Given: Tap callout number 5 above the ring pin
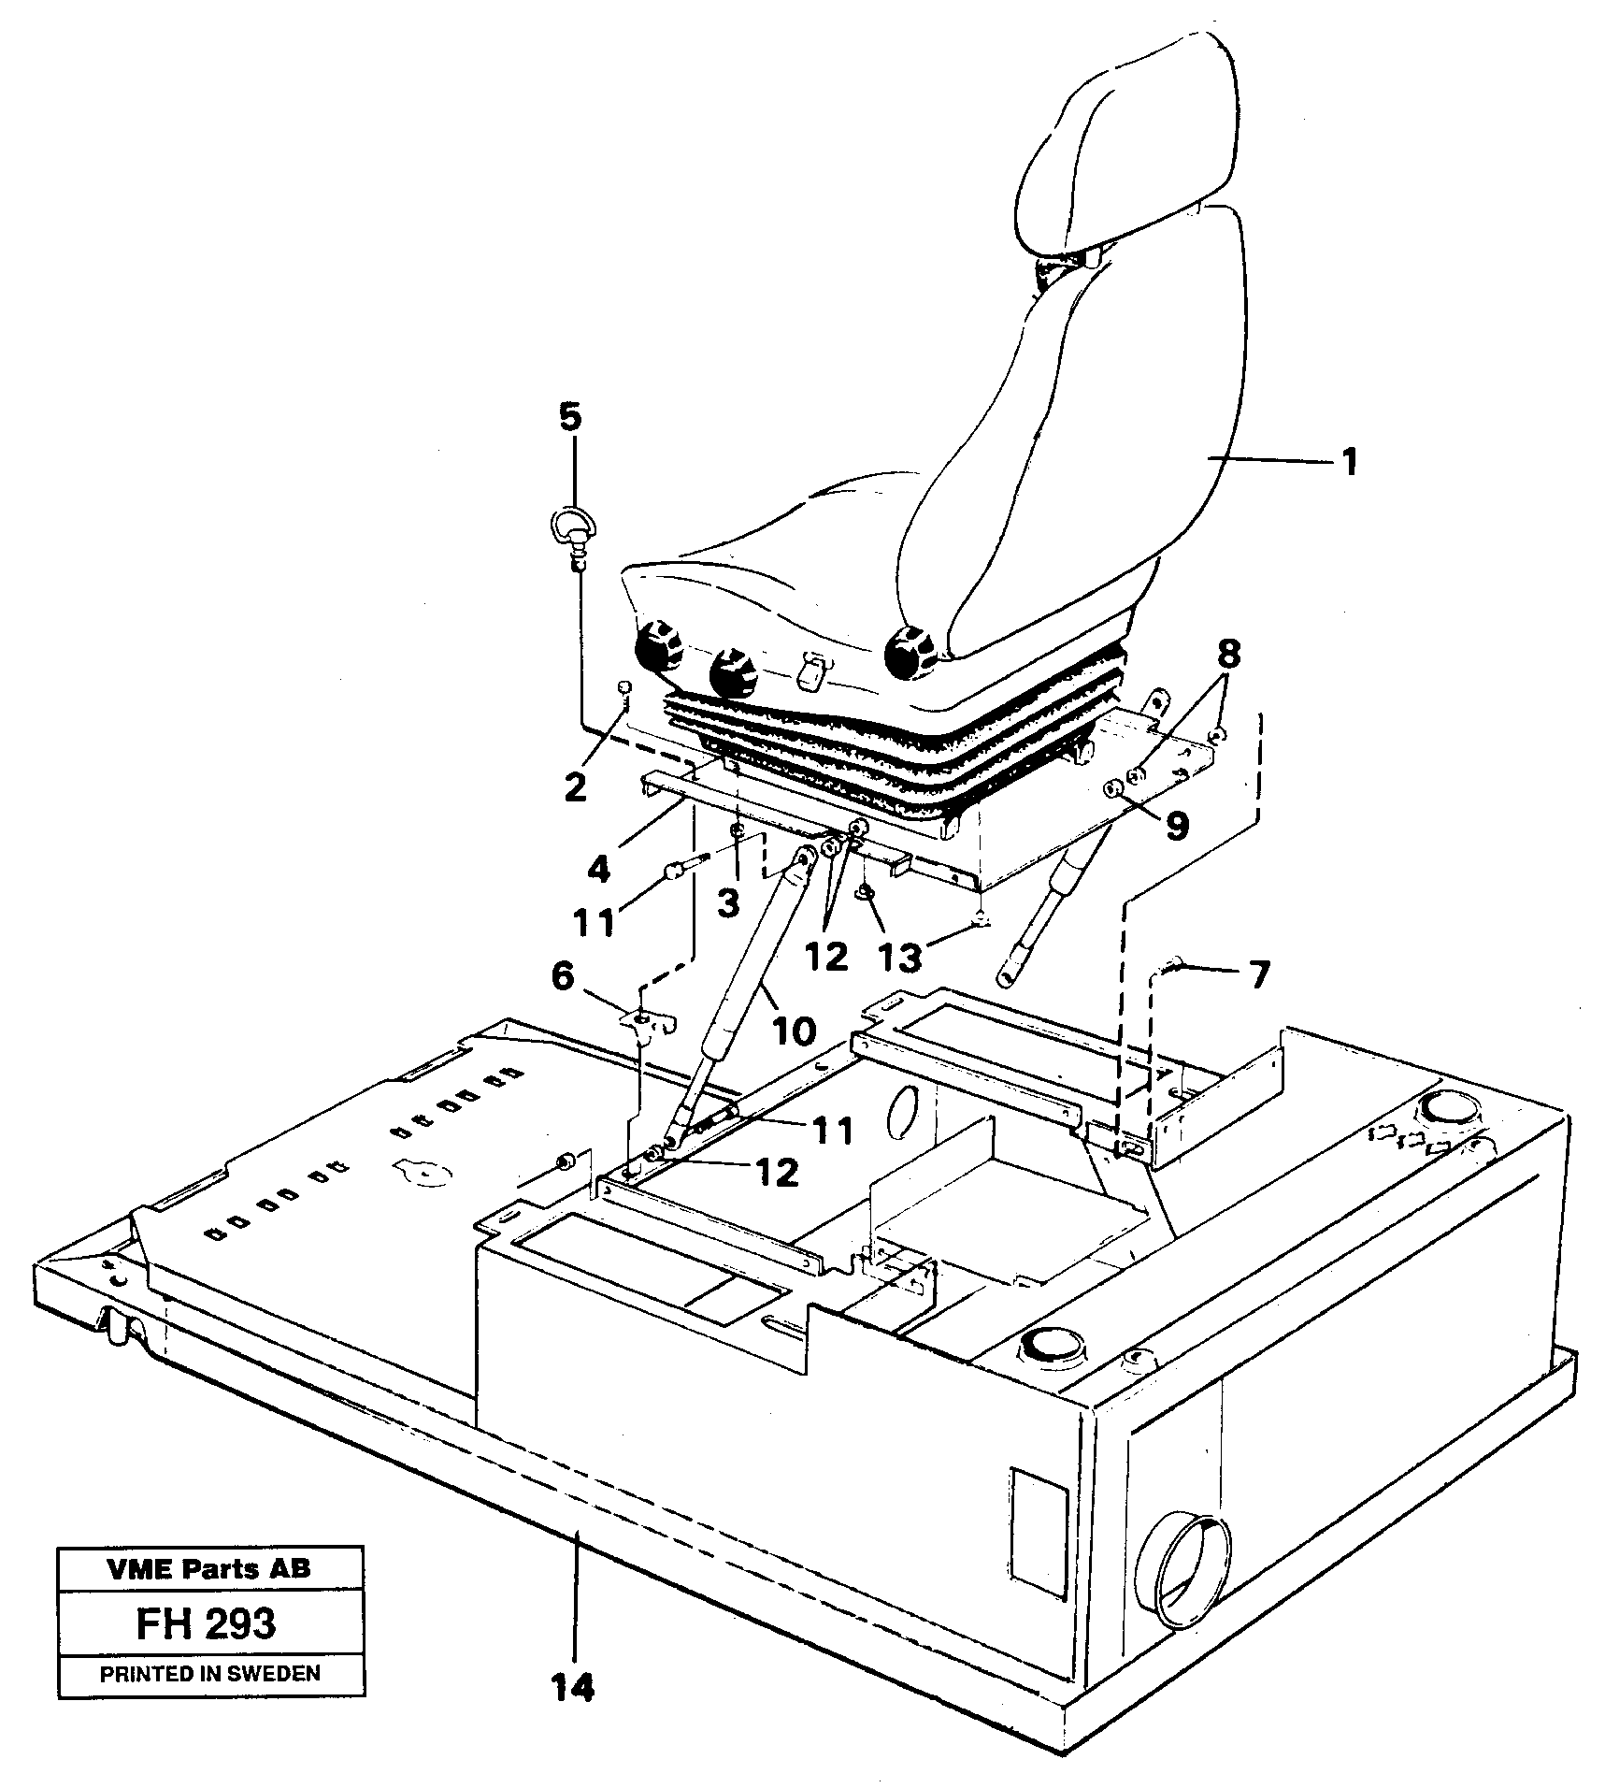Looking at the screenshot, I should pyautogui.click(x=570, y=417).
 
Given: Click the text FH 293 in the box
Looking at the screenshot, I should pyautogui.click(x=207, y=1624).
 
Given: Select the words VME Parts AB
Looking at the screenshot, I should pyautogui.click(x=208, y=1570).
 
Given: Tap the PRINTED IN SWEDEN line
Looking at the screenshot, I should pyautogui.click(x=209, y=1674).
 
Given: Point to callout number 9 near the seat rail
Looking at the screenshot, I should pyautogui.click(x=1175, y=825).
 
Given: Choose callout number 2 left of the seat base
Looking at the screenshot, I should pyautogui.click(x=575, y=787).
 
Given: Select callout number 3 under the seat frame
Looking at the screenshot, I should pyautogui.click(x=728, y=901).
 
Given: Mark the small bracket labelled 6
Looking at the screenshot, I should pyautogui.click(x=645, y=1021).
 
